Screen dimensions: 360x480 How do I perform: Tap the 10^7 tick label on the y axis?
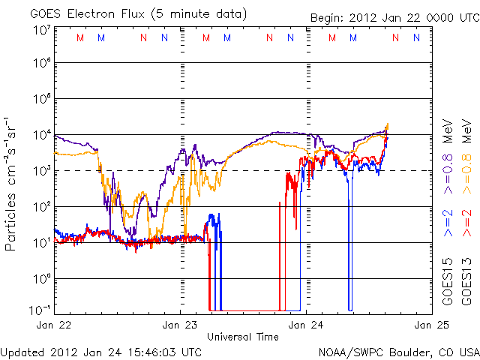(41, 30)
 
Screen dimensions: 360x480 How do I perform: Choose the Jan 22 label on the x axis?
(54, 325)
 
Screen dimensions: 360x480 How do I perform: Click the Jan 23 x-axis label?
(180, 325)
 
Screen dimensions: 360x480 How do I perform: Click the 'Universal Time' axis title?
(242, 337)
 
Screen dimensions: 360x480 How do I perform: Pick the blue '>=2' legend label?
(449, 223)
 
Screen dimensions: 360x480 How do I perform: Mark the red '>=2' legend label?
(466, 223)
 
